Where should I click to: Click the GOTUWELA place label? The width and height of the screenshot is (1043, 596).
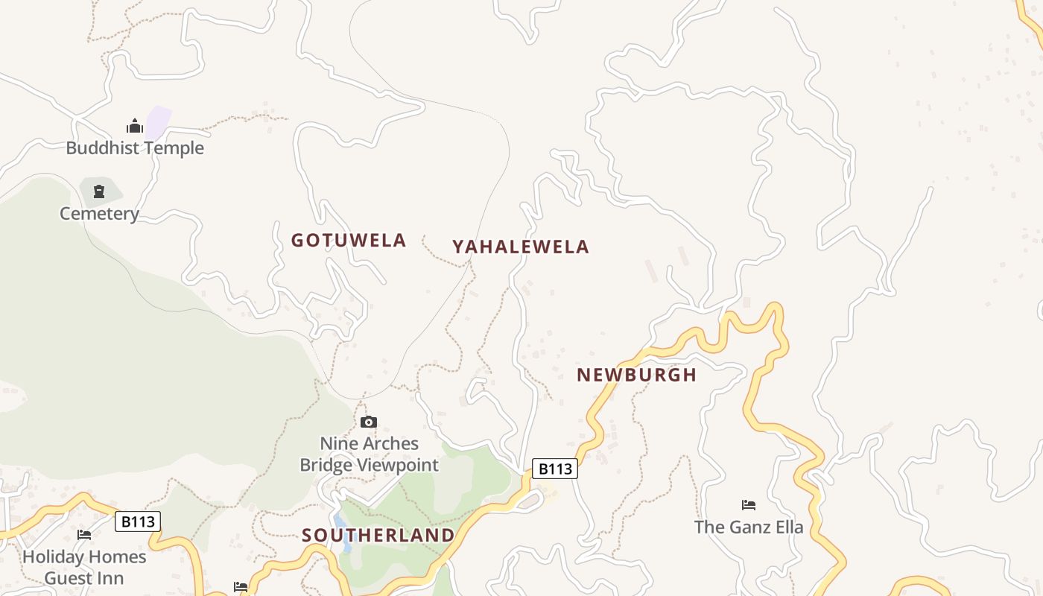349,241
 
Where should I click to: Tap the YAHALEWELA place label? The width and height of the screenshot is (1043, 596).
521,247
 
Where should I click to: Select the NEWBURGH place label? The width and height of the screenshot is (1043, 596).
637,375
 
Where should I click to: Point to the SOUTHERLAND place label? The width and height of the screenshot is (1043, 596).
378,536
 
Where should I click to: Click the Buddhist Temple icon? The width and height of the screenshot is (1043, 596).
134,126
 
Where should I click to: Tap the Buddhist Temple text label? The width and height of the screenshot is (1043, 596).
135,148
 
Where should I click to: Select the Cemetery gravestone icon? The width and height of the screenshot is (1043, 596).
99,192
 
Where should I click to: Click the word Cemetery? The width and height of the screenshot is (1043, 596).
99,214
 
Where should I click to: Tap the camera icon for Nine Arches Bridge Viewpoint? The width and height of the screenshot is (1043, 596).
368,422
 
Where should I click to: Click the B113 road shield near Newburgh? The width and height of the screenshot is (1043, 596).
555,469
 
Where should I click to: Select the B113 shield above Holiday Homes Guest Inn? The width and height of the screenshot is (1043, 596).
138,521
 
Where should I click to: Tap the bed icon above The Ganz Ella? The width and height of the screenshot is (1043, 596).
749,505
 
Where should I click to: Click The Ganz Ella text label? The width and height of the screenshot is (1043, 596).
749,527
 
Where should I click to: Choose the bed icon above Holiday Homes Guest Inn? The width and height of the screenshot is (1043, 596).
84,535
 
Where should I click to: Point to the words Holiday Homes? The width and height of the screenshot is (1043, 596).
84,557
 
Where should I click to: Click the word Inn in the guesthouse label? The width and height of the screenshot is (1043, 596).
112,578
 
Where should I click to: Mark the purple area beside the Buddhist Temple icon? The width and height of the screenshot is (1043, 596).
158,121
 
